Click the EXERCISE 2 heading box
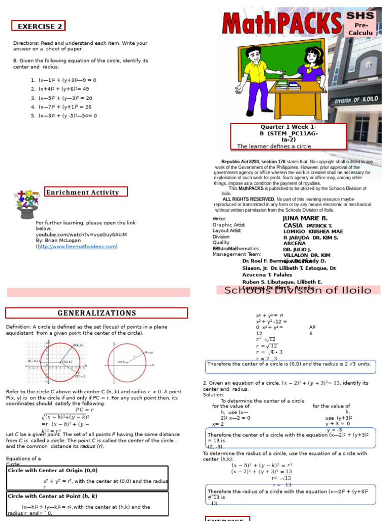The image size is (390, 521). click(x=39, y=26)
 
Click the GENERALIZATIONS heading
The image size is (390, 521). click(x=96, y=313)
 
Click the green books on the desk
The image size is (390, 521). click(x=281, y=84)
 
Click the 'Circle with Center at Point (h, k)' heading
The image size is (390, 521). click(x=53, y=496)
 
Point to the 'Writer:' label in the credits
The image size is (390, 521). click(x=219, y=219)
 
